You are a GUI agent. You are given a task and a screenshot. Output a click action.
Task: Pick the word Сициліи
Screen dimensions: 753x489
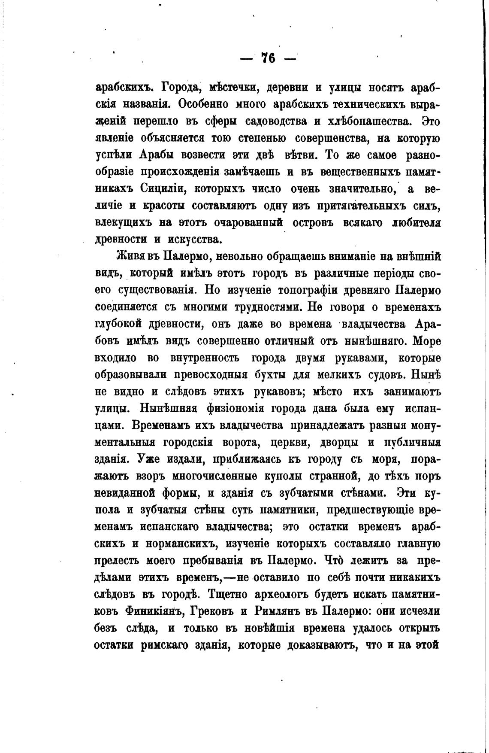(163, 189)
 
